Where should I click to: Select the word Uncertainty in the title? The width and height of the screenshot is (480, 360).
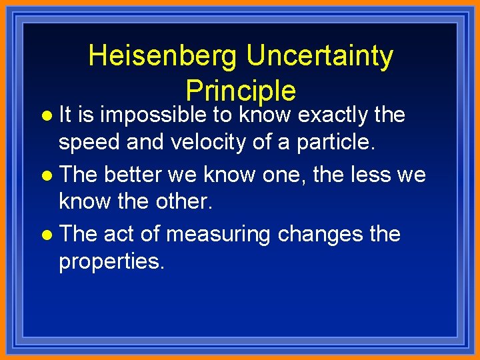319,56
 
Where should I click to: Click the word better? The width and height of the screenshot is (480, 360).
133,175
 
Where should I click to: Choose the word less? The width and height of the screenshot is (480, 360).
363,175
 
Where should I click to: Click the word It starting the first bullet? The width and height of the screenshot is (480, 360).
65,115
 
